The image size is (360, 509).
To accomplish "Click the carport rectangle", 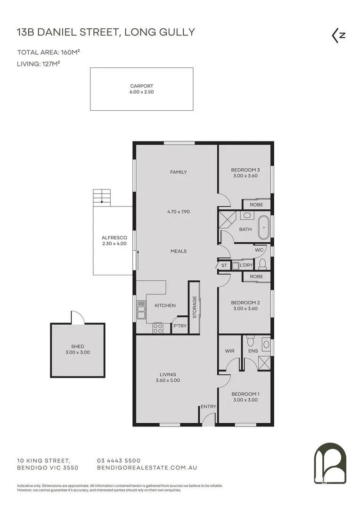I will click(x=141, y=89).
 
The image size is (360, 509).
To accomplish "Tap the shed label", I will click(x=77, y=346).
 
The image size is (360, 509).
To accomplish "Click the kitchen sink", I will click(x=140, y=311).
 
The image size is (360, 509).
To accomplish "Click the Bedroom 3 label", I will click(x=245, y=170).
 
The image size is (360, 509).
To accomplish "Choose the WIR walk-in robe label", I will click(x=229, y=351).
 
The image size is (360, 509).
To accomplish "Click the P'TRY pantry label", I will click(x=180, y=326).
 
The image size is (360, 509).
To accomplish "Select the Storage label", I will click(x=194, y=306).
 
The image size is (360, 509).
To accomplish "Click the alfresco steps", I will click(x=102, y=197).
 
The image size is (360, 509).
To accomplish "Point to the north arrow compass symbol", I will click(x=338, y=36).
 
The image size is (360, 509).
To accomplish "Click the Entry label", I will click(x=208, y=407).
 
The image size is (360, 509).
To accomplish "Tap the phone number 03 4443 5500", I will click(x=118, y=460).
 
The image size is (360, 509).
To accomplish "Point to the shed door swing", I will click(x=77, y=318).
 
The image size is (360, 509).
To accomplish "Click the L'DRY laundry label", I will click(x=246, y=265).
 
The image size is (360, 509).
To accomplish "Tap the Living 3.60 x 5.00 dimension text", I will click(x=168, y=380).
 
